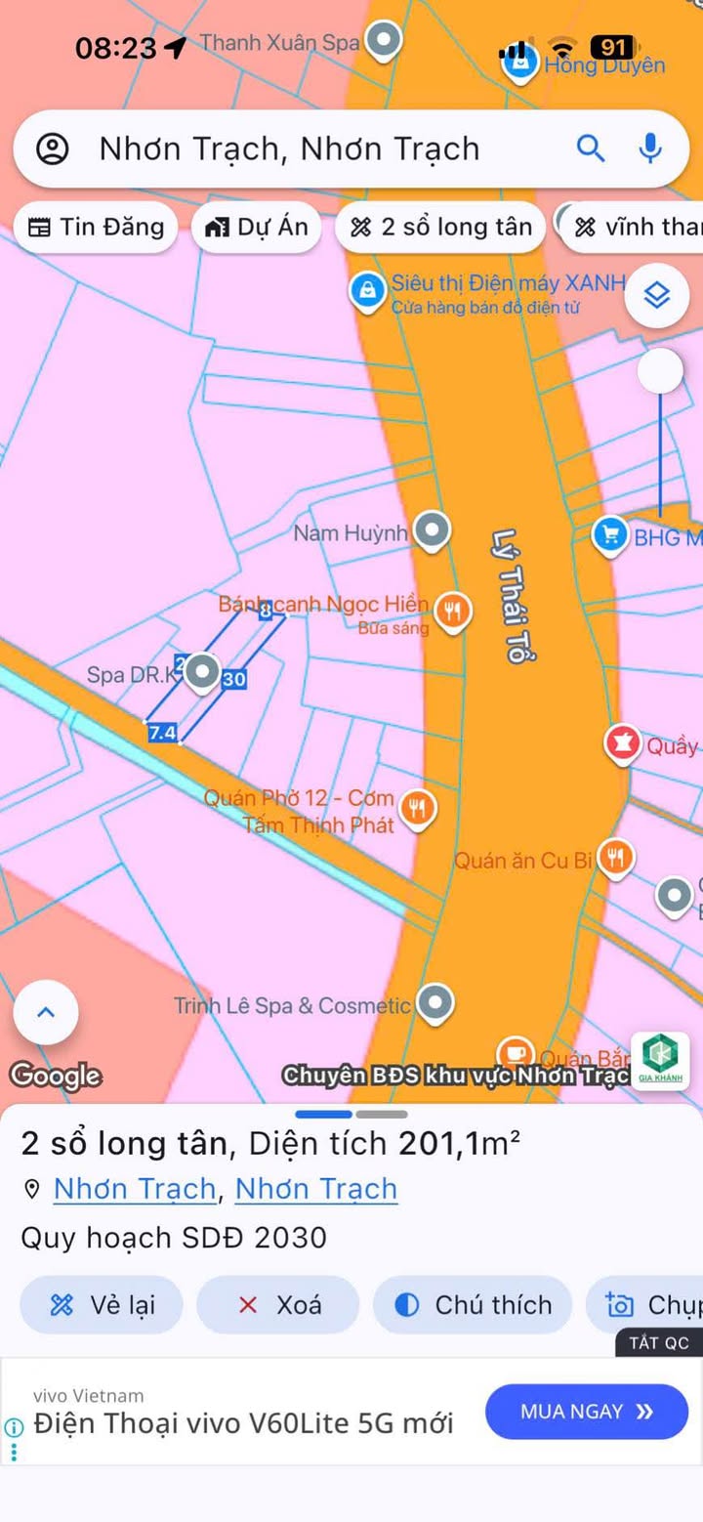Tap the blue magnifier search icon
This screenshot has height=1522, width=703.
[x=591, y=148]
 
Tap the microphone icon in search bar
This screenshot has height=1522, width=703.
[x=650, y=148]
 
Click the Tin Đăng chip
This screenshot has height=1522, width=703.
[x=96, y=228]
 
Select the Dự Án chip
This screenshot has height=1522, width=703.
[x=257, y=228]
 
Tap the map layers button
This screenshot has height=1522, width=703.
[x=657, y=294]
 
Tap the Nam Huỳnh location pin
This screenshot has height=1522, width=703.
[x=431, y=530]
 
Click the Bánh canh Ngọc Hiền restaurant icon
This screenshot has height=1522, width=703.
[x=451, y=612]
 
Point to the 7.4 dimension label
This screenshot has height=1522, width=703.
[x=162, y=732]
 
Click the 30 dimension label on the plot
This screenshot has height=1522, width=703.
[x=234, y=679]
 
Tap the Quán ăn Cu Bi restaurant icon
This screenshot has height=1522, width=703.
[x=615, y=858]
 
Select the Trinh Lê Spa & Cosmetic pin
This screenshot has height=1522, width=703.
[x=434, y=1002]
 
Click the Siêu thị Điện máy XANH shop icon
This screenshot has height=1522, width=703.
[x=368, y=291]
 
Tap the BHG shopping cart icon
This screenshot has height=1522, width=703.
[x=610, y=534]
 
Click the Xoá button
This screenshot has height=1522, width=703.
[x=278, y=1305]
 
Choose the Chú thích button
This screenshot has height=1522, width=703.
[x=473, y=1305]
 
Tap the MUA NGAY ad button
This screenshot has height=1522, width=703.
[x=586, y=1411]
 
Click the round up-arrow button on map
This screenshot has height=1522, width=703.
[x=46, y=1012]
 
